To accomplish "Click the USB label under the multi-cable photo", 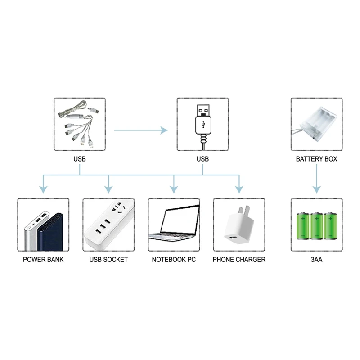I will point(80,159).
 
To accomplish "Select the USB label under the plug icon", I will point(202,159).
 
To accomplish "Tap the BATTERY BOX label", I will point(316,159).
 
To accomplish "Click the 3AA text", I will point(316,260).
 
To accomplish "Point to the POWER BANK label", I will point(43,260).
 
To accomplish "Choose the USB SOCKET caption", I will point(108,260).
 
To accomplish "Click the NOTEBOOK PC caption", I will point(174,260).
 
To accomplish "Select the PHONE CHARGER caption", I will point(239,260).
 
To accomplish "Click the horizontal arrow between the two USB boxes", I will point(140,130).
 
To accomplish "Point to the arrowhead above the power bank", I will point(43,189).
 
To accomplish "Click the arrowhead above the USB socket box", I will point(108,189).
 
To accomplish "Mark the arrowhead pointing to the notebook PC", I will point(174,189).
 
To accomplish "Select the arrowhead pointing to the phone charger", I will point(239,189).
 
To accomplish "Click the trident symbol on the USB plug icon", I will point(203,123).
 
